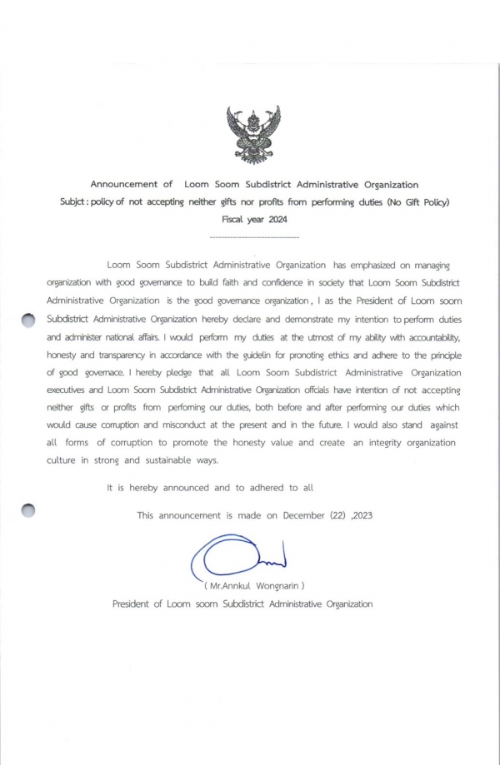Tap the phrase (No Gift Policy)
(x=417, y=202)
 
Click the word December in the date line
(x=307, y=515)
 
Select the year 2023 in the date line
(x=363, y=515)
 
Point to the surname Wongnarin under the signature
(x=275, y=585)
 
